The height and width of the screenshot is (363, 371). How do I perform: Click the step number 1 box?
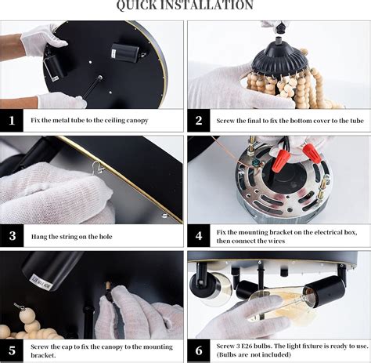[x=12, y=120]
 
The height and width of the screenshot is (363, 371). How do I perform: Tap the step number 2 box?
[x=199, y=120]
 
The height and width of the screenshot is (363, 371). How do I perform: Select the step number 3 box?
[x=12, y=236]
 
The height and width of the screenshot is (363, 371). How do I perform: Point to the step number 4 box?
[x=199, y=236]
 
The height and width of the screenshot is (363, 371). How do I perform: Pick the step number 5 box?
[x=12, y=350]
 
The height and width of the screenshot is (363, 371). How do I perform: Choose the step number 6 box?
[x=199, y=350]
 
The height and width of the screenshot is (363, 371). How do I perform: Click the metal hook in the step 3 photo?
[x=98, y=168]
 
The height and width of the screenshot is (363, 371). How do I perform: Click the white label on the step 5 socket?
[x=41, y=281]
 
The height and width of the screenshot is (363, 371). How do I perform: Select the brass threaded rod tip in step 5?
[x=107, y=285]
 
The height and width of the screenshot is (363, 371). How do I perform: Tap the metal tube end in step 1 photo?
[x=99, y=78]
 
